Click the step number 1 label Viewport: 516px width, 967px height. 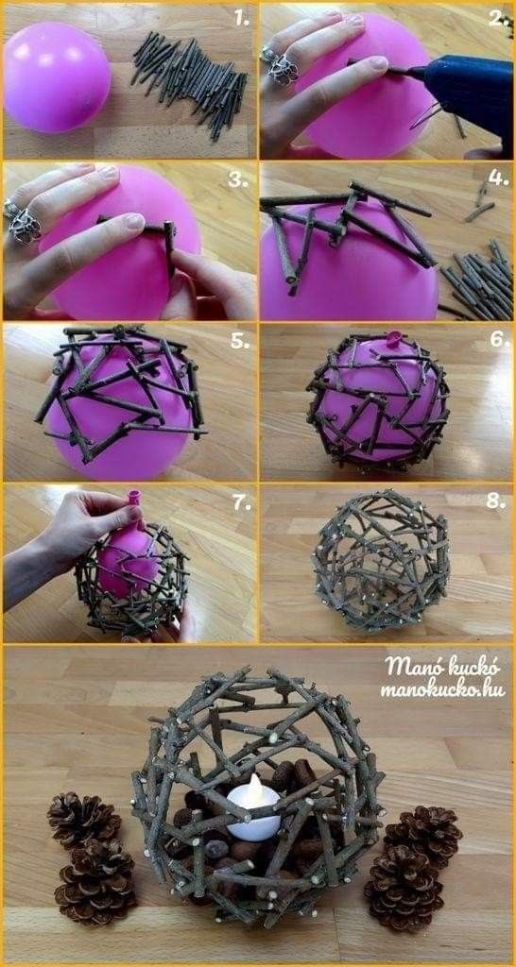pos(241,19)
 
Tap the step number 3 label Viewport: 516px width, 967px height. pos(237,179)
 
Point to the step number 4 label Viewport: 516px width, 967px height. pos(498,178)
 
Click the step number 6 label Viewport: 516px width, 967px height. pos(499,339)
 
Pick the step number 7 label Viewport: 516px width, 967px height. pos(242,502)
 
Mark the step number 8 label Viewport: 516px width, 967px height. pos(495,500)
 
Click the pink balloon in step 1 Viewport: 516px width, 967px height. pos(57,77)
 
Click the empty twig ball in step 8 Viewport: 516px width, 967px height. pos(381,560)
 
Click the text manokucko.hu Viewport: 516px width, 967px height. pos(442,689)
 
